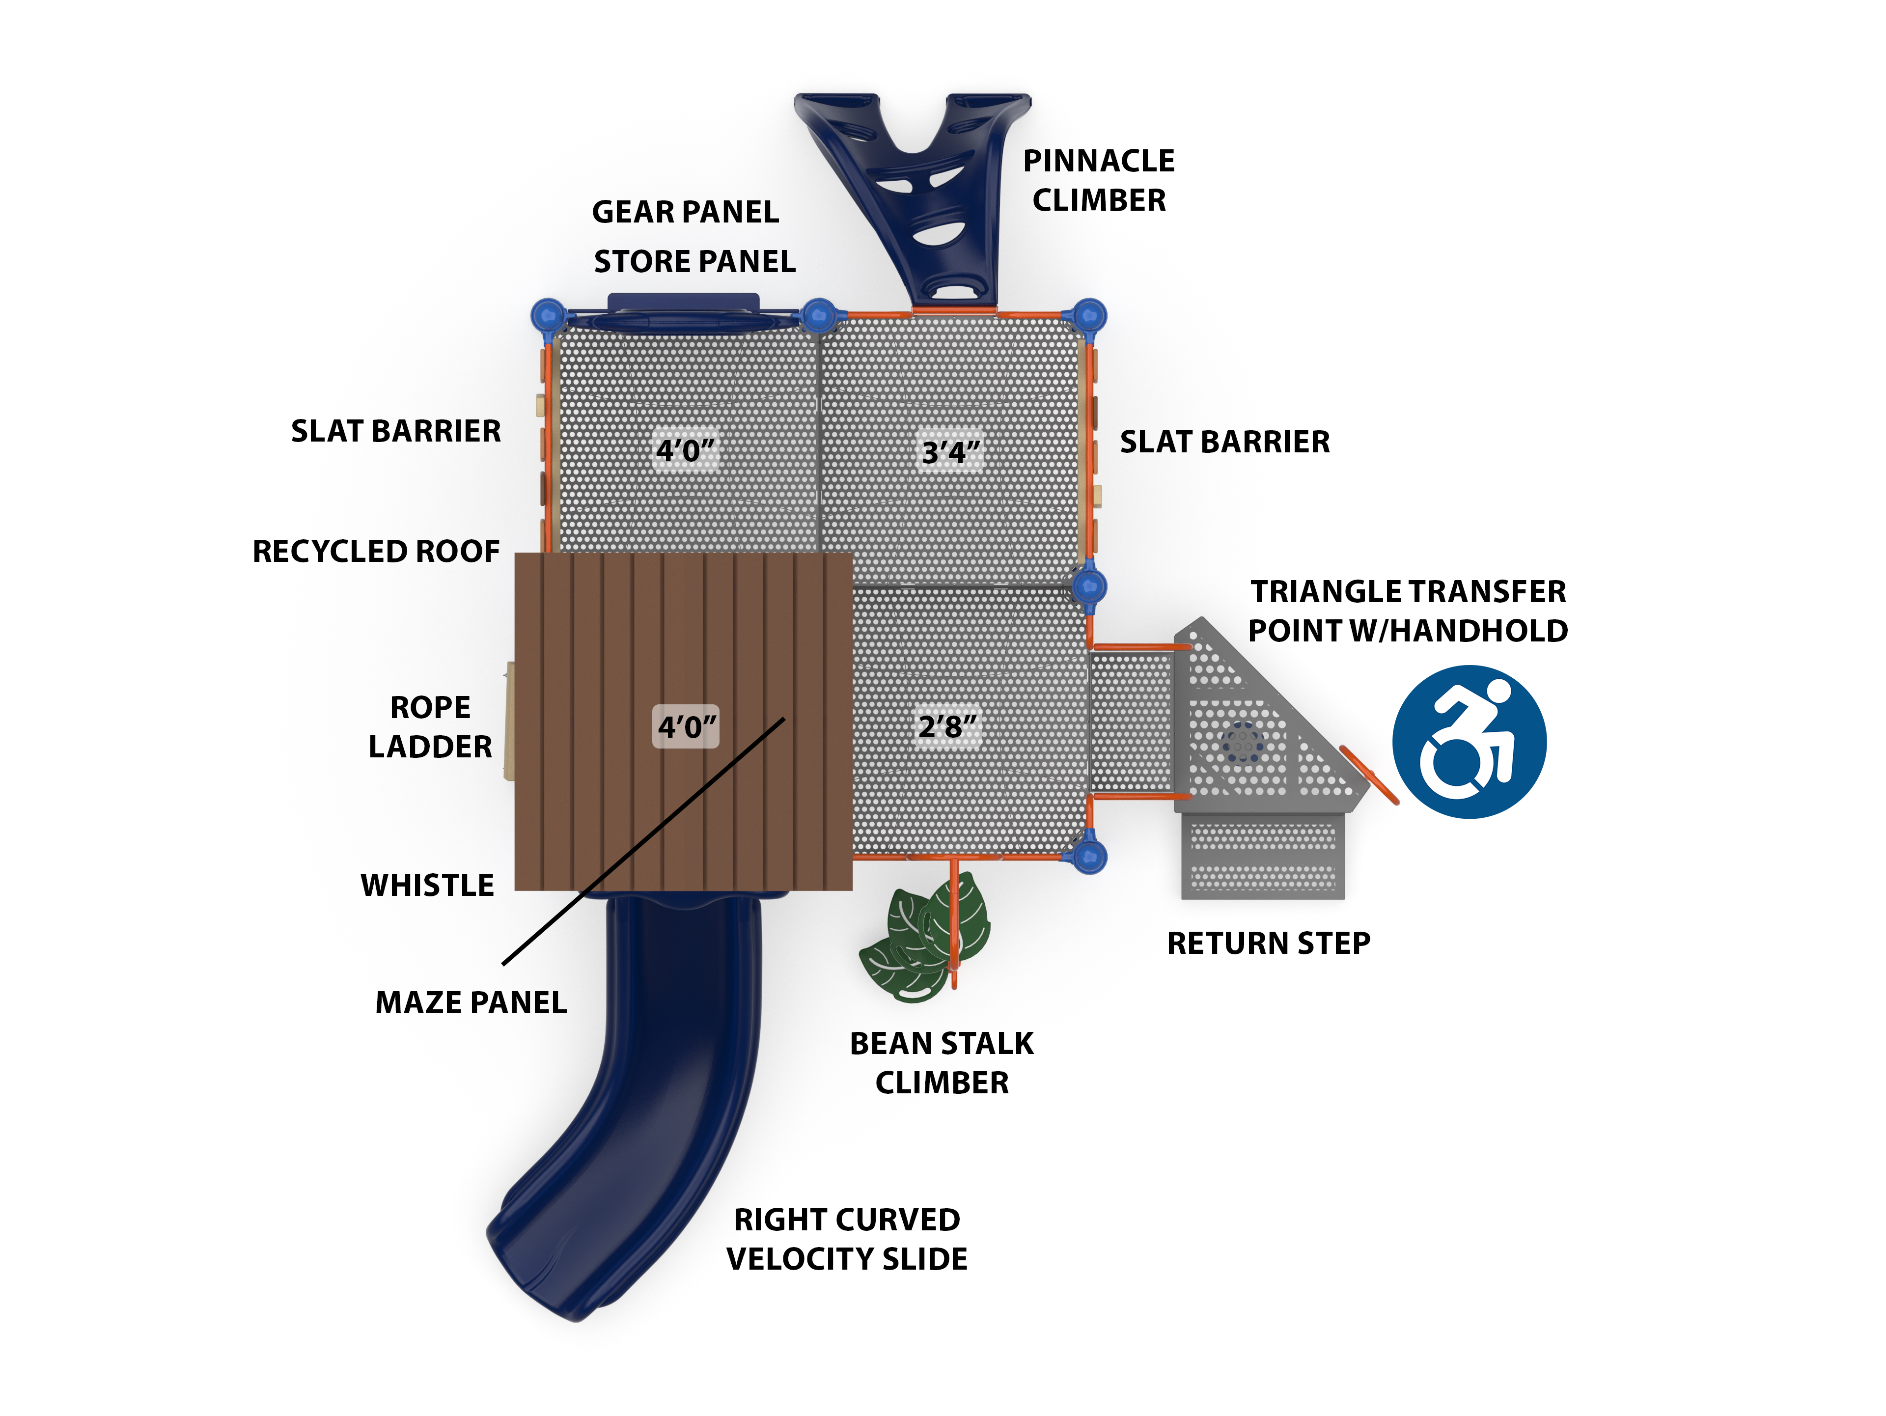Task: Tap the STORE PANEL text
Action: tap(694, 262)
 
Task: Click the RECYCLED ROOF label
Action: tap(376, 552)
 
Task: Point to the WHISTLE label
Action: tap(427, 886)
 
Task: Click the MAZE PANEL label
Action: tap(471, 1002)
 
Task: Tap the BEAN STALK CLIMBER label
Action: tap(942, 1063)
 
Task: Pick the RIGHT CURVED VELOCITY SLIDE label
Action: tap(847, 1240)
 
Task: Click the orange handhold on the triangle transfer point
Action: tap(1368, 774)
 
